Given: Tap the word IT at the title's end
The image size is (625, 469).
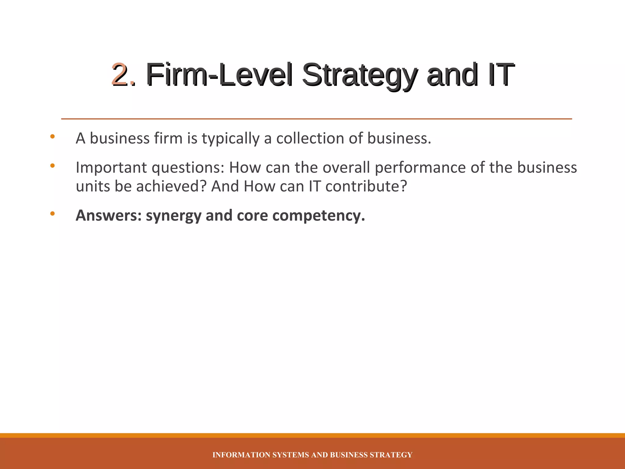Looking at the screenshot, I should (500, 74).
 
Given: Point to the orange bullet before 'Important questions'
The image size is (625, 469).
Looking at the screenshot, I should (52, 166).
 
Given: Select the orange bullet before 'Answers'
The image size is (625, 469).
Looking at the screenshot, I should (52, 214).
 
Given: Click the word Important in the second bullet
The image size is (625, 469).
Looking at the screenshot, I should (111, 168).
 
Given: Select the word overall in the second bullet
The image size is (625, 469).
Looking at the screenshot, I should (346, 167).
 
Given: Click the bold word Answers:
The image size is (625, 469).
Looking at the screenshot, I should (109, 216).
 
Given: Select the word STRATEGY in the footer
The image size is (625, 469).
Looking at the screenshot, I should (391, 455).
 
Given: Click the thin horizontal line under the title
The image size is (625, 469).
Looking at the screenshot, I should (316, 119).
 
